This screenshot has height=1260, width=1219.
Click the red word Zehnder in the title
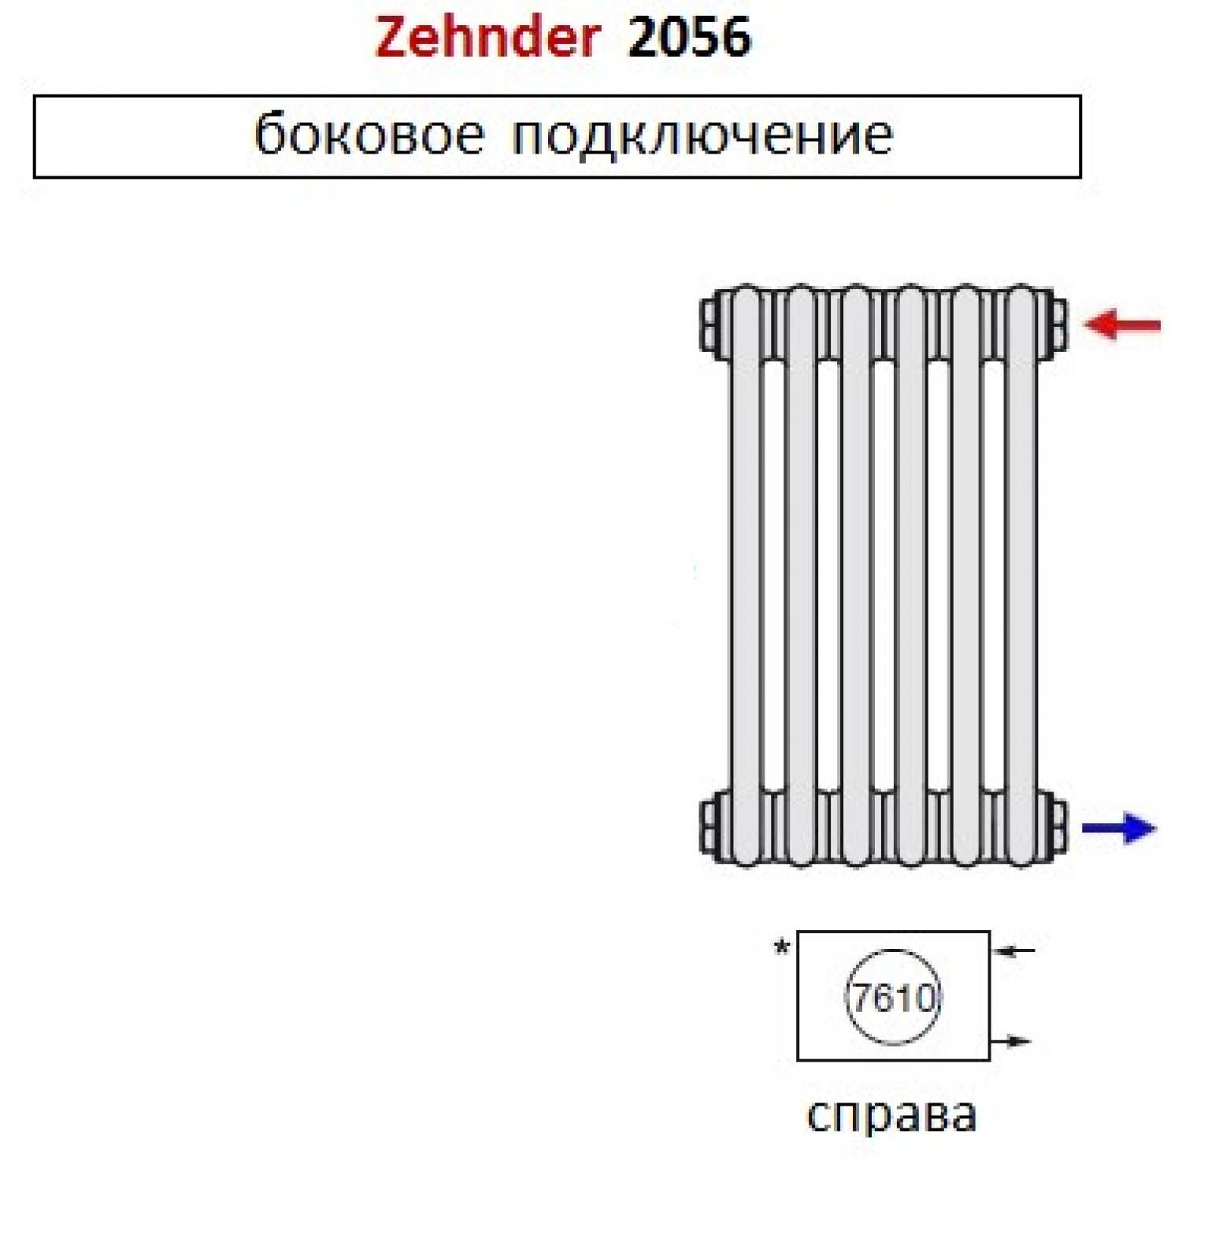487,38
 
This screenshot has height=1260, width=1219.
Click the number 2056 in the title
689,38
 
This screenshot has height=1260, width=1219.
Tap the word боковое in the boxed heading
369,135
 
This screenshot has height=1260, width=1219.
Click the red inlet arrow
1122,324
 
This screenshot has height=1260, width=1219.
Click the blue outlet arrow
1118,828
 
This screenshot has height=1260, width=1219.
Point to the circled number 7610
893,998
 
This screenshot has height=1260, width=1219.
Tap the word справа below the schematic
892,1114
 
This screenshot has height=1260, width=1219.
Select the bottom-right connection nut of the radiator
1058,826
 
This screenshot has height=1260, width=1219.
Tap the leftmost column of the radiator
745,575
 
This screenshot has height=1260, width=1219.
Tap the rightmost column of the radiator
1021,575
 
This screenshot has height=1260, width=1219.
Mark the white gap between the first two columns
773,575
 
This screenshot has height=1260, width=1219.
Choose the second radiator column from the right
966,575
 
